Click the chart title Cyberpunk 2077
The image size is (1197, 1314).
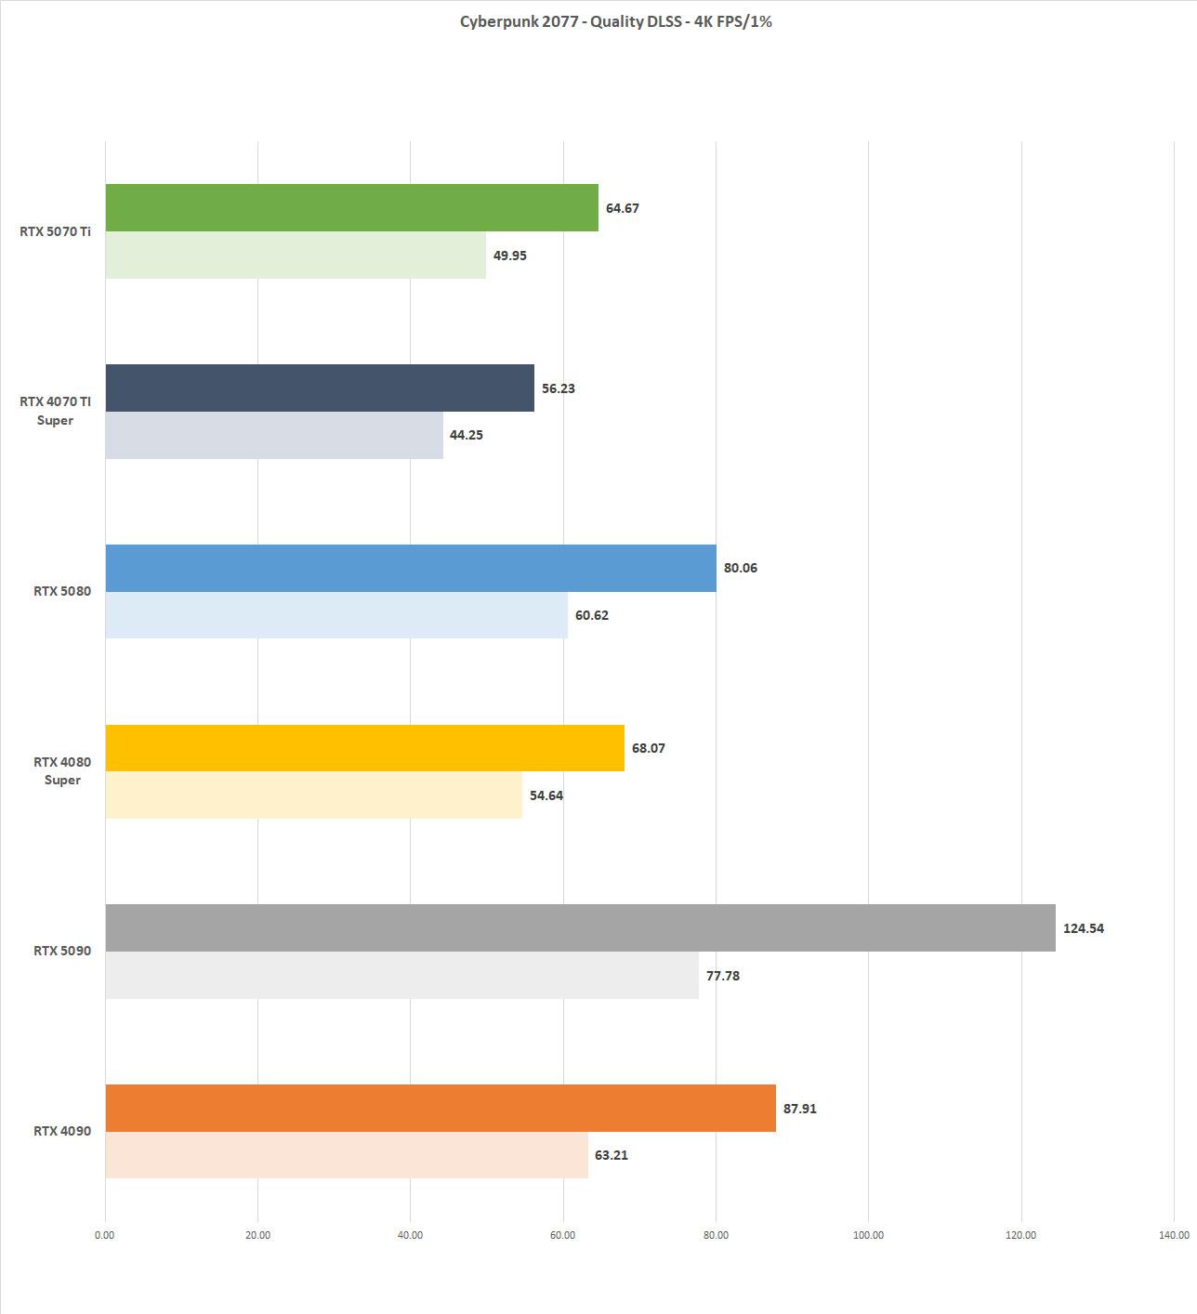[x=615, y=21]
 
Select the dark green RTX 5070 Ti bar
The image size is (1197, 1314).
[x=351, y=207]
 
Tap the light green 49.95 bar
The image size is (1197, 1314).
[x=295, y=256]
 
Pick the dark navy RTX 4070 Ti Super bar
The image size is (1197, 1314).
[x=320, y=388]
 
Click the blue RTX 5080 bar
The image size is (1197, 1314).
[x=410, y=568]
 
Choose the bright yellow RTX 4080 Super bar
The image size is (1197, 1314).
[x=364, y=748]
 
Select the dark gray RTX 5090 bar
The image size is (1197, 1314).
[x=580, y=927]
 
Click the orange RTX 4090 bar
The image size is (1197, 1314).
[x=440, y=1108]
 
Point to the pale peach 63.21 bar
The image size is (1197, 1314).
[x=346, y=1155]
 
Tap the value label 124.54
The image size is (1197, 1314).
[x=1083, y=928]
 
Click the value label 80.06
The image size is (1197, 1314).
[x=740, y=568]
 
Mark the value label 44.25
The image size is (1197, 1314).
[x=466, y=435]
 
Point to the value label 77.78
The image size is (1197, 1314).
[x=722, y=976]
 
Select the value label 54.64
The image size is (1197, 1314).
[x=546, y=795]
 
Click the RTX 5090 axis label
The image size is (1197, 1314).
[x=62, y=951]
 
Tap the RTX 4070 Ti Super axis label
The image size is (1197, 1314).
[x=56, y=411]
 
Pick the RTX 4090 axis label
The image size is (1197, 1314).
[x=62, y=1131]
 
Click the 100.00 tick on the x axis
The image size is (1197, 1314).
[x=868, y=1235]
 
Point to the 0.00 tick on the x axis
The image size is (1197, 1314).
[x=105, y=1235]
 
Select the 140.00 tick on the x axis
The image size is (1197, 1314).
[x=1174, y=1235]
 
